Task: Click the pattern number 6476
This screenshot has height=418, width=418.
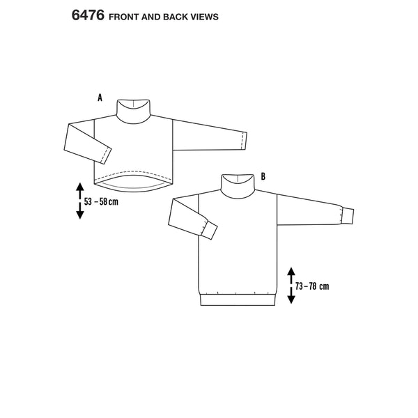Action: pyautogui.click(x=88, y=15)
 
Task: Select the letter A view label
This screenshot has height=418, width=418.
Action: pyautogui.click(x=100, y=98)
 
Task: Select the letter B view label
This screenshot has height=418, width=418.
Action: pyautogui.click(x=263, y=176)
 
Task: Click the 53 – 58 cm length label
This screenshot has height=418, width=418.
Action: pyautogui.click(x=101, y=202)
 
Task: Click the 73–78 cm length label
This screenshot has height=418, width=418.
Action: pyautogui.click(x=312, y=286)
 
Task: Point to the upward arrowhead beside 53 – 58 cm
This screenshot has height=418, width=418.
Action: pyautogui.click(x=79, y=187)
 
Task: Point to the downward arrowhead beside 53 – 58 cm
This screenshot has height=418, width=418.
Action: pyautogui.click(x=80, y=215)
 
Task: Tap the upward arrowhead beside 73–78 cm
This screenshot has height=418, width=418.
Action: pyautogui.click(x=291, y=272)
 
